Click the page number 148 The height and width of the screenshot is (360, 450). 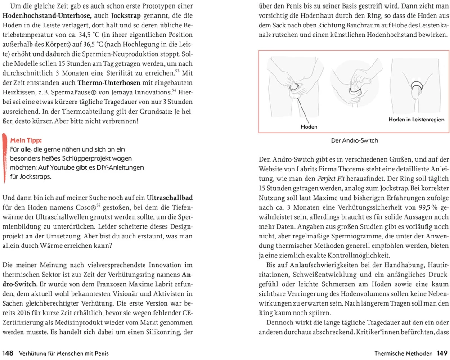point(9,353)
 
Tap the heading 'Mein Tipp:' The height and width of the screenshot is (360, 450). point(26,140)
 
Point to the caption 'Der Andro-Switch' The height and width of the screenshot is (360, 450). point(354,140)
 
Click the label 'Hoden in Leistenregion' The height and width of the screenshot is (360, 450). point(416,119)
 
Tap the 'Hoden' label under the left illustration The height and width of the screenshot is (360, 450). point(309,127)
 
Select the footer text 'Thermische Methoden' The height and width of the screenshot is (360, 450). point(403,353)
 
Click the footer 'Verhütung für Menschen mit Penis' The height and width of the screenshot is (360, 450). point(64,353)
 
